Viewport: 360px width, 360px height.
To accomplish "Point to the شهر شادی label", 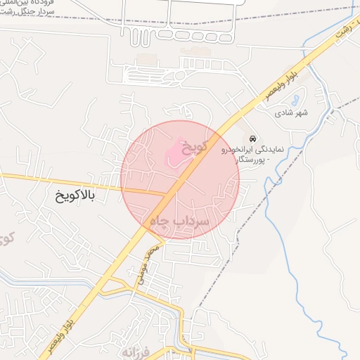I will (x=292, y=112).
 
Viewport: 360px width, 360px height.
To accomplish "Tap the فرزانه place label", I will (x=136, y=349).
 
